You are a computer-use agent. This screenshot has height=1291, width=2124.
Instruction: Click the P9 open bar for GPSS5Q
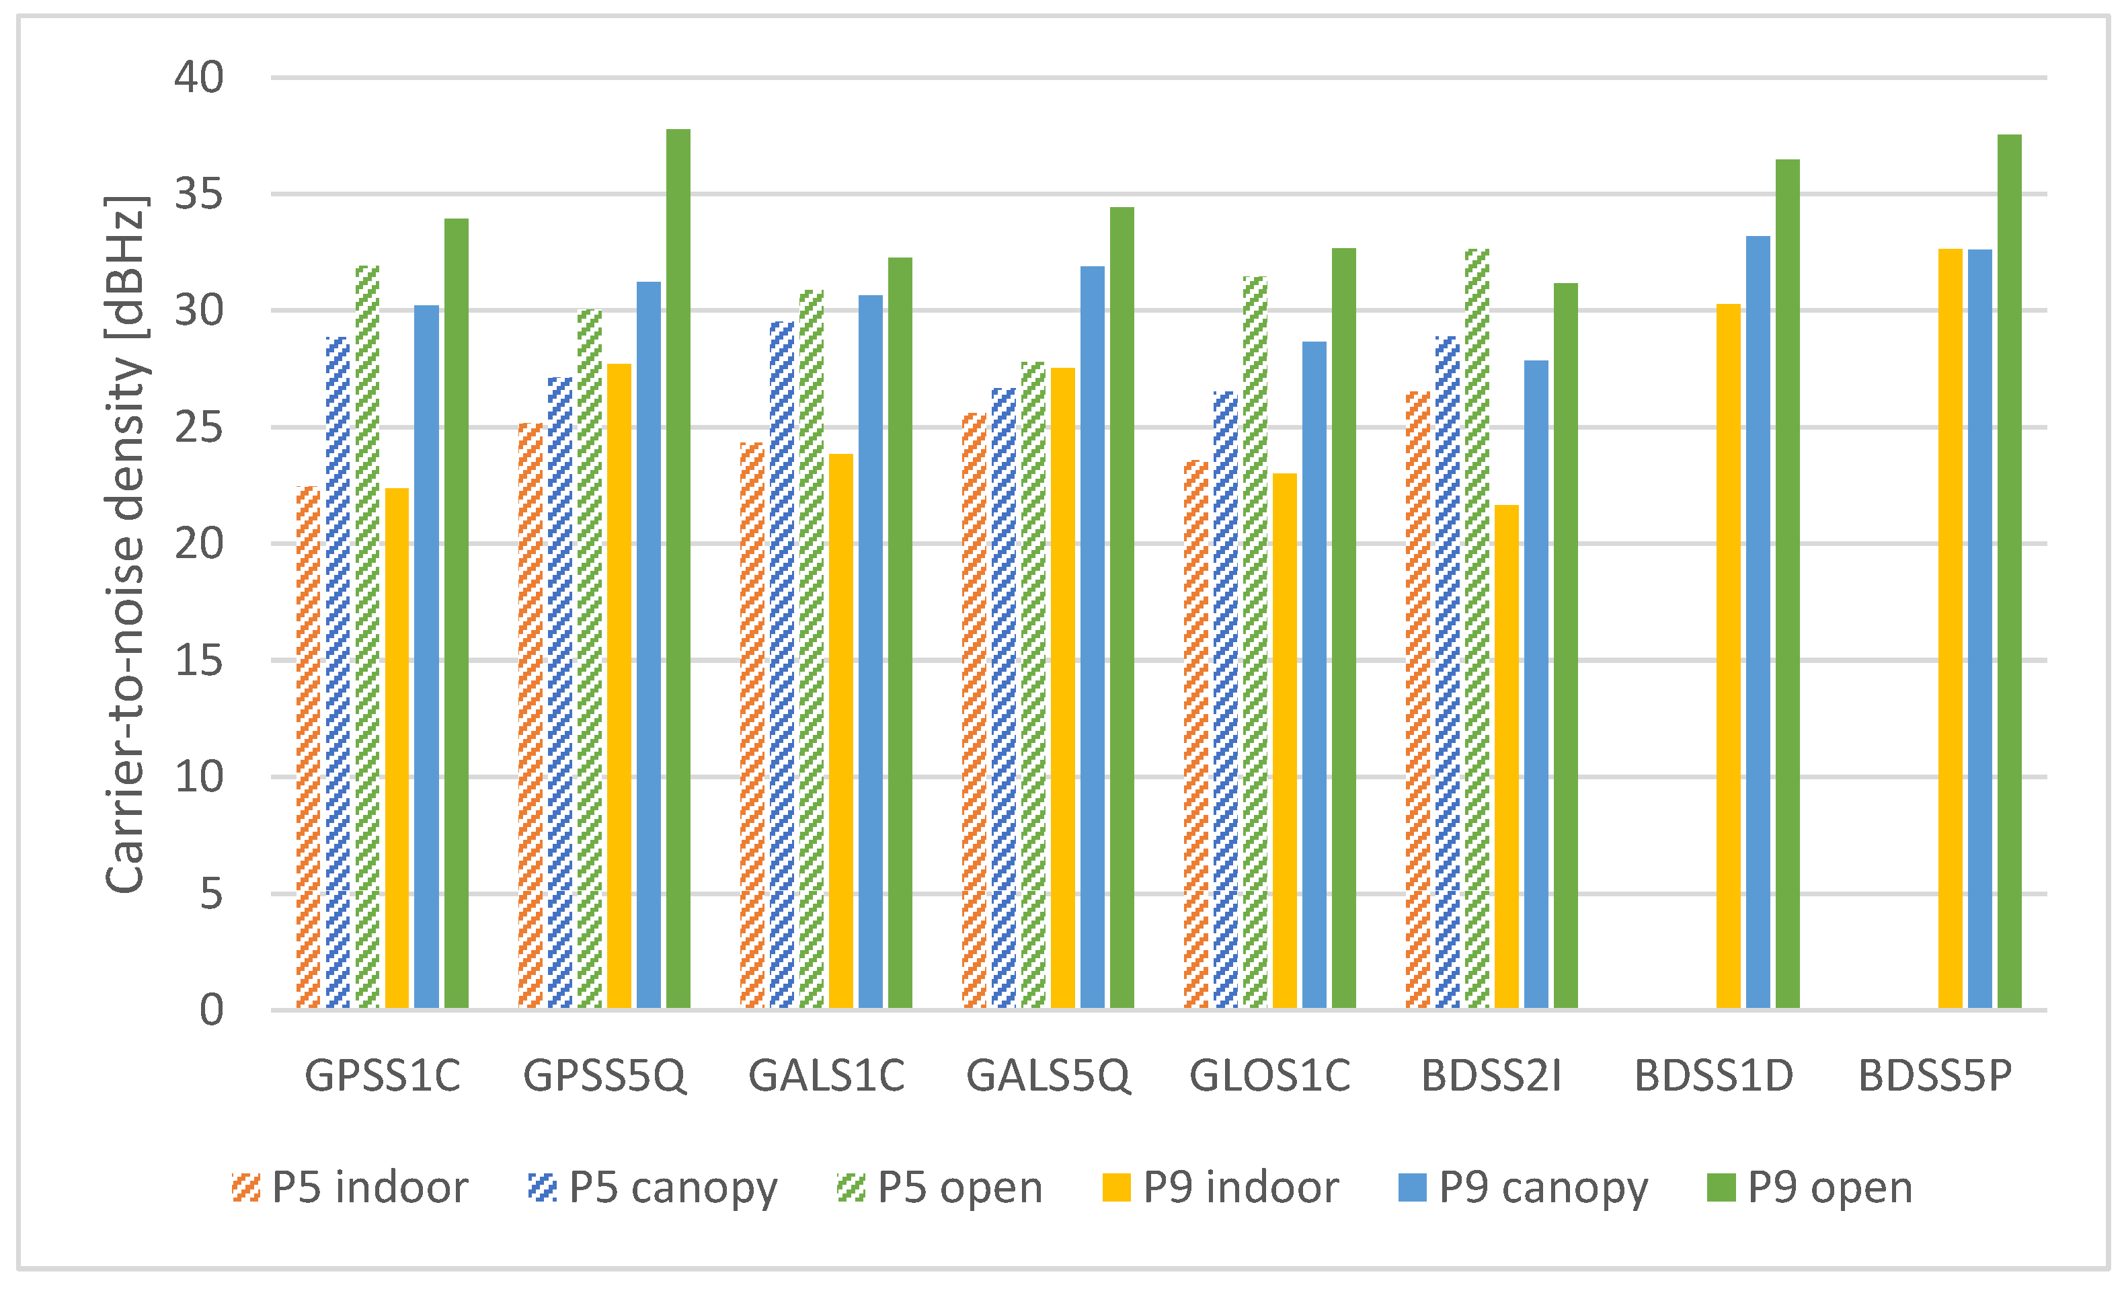click(678, 569)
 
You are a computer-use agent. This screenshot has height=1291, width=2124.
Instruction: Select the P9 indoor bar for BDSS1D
click(1729, 656)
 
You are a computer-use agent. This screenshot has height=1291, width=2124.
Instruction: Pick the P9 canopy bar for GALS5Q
click(1092, 637)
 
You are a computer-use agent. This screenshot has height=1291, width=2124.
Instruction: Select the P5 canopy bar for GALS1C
click(782, 664)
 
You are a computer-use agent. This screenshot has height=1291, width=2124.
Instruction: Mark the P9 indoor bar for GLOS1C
click(1284, 740)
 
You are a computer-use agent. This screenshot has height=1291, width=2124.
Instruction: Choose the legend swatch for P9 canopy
click(1412, 1187)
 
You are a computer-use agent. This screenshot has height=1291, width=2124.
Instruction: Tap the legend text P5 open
click(959, 1187)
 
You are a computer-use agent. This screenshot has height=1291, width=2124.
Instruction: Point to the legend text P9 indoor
click(1241, 1187)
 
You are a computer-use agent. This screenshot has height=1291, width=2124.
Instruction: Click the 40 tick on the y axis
click(199, 77)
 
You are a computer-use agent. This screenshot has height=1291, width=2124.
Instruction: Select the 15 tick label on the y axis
click(199, 661)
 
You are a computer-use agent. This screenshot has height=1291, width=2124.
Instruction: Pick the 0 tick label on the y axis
click(211, 1010)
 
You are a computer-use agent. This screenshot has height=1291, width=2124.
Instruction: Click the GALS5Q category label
click(1048, 1076)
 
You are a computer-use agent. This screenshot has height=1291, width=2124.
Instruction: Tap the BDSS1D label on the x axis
click(1714, 1076)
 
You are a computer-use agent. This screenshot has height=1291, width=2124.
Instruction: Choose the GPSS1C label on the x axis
click(383, 1076)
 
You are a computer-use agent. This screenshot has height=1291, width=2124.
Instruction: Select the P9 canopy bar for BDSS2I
click(1536, 684)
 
